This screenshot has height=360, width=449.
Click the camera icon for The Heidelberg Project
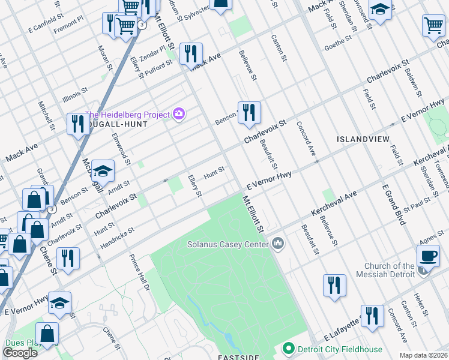tap(178, 113)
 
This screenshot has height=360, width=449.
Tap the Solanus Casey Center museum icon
tap(277, 244)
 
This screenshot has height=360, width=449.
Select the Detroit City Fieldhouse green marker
tap(289, 349)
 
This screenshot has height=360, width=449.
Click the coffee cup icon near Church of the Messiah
tap(428, 256)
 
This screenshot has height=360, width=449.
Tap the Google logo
tap(20, 353)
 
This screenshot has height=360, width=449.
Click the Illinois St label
tap(76, 95)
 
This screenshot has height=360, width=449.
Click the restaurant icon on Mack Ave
tap(191, 54)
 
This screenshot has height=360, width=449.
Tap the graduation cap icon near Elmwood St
tap(103, 172)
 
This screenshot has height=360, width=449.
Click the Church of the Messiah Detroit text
tap(390, 270)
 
